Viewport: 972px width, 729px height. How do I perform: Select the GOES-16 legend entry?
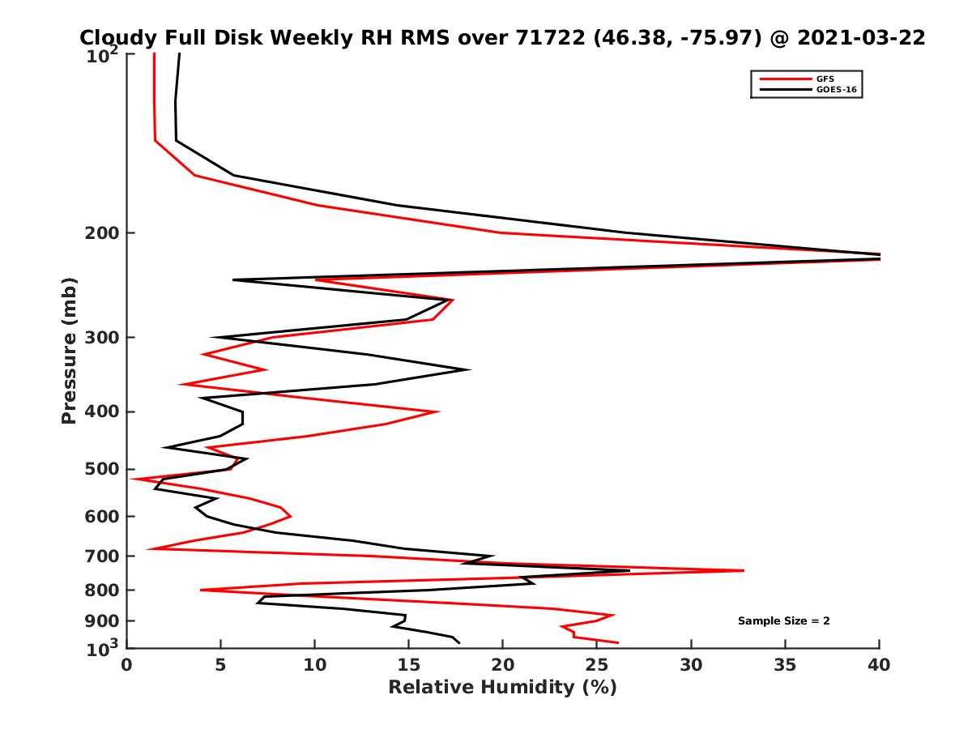(x=835, y=89)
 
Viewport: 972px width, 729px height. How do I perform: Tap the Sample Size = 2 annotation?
(x=783, y=621)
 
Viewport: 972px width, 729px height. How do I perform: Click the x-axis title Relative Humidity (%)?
(x=502, y=688)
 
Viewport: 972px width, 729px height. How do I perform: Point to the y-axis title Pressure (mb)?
(x=69, y=350)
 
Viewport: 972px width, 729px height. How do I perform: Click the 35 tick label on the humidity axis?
(x=785, y=664)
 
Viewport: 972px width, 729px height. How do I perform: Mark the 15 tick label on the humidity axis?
(x=408, y=664)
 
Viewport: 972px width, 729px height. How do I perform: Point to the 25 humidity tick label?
(x=597, y=664)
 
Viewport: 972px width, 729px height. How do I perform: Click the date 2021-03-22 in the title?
(x=861, y=38)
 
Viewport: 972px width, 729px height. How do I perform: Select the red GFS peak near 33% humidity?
(x=743, y=571)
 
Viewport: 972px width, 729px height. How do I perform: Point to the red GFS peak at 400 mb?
(x=438, y=411)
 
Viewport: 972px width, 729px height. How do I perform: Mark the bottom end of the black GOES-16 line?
(x=459, y=643)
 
